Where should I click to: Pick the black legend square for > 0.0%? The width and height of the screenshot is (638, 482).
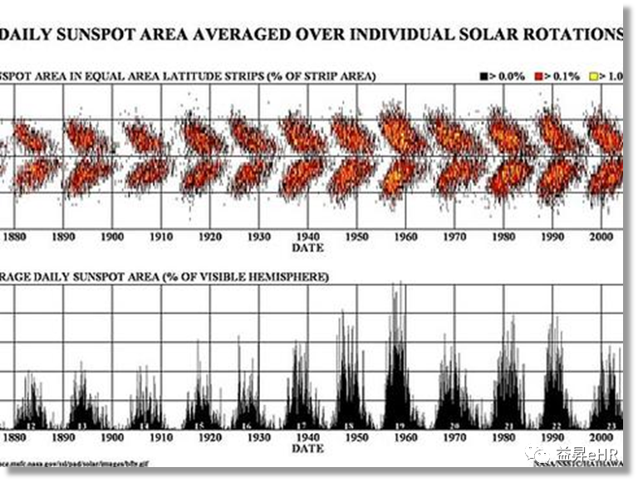click(483, 76)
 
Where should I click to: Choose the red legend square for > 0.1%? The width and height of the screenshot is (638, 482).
click(538, 76)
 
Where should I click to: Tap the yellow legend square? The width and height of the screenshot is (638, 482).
click(593, 76)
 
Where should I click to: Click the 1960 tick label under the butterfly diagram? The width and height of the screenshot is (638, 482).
click(405, 236)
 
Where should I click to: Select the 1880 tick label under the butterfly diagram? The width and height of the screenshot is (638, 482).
click(14, 236)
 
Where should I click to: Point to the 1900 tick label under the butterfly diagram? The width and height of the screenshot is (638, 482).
click(112, 236)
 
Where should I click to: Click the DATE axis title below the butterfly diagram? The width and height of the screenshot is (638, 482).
click(307, 247)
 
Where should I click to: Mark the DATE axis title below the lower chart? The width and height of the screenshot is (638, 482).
click(307, 448)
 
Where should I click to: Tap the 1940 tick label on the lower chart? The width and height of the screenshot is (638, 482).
click(307, 437)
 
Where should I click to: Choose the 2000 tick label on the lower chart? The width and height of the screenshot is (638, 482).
click(601, 437)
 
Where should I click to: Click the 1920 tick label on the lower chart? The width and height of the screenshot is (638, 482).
click(209, 437)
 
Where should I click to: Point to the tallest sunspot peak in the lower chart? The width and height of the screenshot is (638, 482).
click(400, 286)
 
